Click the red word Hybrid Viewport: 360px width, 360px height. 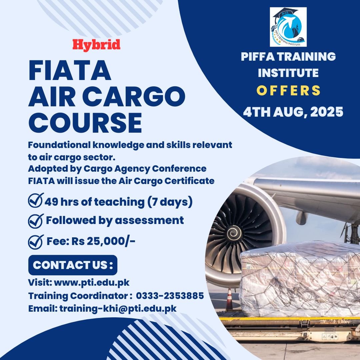click(96, 45)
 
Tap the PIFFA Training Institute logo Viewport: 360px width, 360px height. click(288, 27)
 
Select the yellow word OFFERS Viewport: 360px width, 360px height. click(288, 90)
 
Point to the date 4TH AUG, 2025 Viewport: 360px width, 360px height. click(293, 112)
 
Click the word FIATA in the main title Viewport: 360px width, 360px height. click(70, 70)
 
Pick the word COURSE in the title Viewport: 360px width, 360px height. click(85, 123)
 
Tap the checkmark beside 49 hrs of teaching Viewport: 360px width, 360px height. click(36, 200)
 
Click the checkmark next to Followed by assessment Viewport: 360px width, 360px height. click(36, 221)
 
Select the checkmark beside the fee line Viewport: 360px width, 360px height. click(36, 242)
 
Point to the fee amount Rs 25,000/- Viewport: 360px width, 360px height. click(103, 241)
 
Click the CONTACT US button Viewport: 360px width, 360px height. click(73, 265)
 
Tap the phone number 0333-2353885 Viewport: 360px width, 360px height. click(170, 296)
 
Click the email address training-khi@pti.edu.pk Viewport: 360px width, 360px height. click(118, 309)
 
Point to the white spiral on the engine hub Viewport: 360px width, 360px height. click(234, 233)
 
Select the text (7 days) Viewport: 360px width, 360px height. click(170, 202)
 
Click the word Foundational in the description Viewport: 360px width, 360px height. click(59, 145)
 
